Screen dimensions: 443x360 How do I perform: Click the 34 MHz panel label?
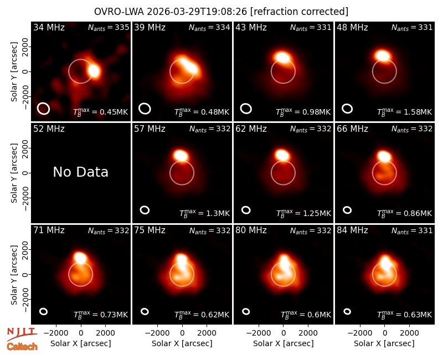click(x=49, y=27)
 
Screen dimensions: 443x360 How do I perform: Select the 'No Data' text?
click(x=80, y=172)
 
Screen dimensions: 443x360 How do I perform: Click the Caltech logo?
click(x=22, y=346)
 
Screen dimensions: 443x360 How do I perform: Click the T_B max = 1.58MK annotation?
click(x=405, y=112)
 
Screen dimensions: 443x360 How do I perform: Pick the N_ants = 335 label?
click(x=109, y=27)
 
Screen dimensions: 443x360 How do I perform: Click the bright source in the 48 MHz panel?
click(x=383, y=56)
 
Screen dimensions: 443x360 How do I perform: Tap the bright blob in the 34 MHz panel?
click(x=94, y=71)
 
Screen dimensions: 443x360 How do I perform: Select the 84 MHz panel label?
click(x=352, y=230)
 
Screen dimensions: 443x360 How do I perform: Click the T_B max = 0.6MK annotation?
click(x=306, y=315)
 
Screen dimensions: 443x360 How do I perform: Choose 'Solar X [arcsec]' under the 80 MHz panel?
click(x=283, y=343)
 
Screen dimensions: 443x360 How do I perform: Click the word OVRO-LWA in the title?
click(x=119, y=12)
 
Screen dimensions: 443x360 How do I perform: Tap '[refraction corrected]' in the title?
click(x=299, y=12)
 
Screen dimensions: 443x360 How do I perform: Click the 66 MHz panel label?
click(x=352, y=129)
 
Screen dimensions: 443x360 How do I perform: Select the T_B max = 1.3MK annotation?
click(x=204, y=213)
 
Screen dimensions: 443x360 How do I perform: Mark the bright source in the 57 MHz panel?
click(x=181, y=156)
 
